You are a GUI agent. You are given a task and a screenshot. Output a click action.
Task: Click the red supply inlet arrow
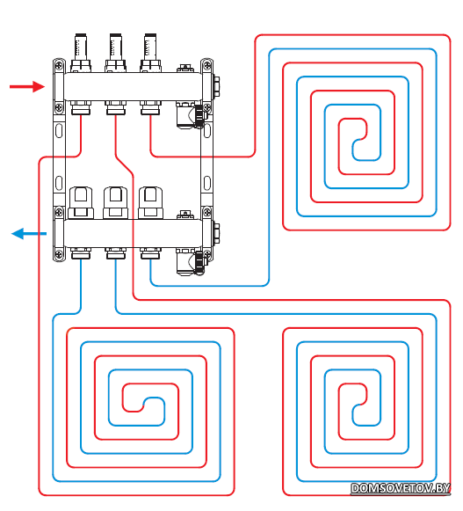click(x=27, y=87)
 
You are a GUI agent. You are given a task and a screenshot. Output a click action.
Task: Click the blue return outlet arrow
click(x=29, y=234)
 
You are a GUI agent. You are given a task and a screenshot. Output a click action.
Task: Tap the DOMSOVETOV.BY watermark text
click(x=401, y=488)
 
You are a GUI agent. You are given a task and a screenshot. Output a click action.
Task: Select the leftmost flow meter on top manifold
click(x=81, y=53)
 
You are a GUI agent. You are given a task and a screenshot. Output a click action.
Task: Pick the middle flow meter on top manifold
click(x=116, y=53)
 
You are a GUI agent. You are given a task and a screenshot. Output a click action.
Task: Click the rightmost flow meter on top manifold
click(x=150, y=53)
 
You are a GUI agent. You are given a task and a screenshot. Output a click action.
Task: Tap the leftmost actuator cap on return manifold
click(x=81, y=202)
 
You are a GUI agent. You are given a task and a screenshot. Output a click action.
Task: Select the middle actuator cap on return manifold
click(x=116, y=202)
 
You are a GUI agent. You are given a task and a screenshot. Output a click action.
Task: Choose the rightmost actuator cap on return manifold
click(x=150, y=202)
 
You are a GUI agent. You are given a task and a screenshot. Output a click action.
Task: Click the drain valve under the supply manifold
click(x=190, y=115)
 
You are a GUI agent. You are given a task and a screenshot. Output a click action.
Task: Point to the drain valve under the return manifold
click(x=190, y=262)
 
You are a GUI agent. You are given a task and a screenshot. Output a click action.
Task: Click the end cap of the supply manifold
click(x=216, y=87)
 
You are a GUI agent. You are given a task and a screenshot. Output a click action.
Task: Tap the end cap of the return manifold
click(x=216, y=234)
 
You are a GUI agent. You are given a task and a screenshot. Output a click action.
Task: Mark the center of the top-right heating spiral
click(x=359, y=140)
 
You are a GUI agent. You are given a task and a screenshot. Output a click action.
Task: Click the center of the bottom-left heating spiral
click(x=143, y=405)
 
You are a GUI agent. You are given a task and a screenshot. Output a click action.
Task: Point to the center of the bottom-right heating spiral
click(x=359, y=405)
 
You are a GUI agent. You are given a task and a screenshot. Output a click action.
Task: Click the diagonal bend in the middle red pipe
click(x=125, y=165)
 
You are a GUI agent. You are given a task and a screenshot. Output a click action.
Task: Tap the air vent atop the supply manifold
click(x=185, y=69)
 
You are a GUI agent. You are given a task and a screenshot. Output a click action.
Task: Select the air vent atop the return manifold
click(x=185, y=215)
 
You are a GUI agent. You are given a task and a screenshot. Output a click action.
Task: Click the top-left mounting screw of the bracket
click(x=59, y=65)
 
